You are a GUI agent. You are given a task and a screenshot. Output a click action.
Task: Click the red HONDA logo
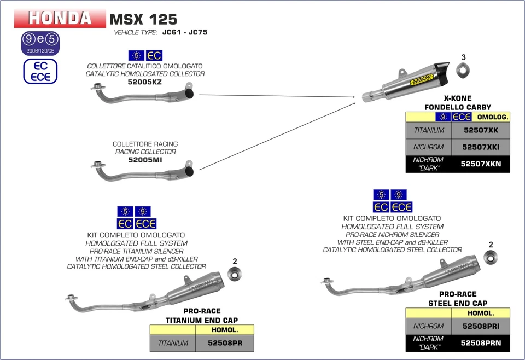pyautogui.click(x=60, y=18)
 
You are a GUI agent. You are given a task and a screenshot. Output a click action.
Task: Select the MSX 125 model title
pyautogui.click(x=143, y=19)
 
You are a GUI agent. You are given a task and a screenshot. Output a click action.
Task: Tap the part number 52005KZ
pyautogui.click(x=145, y=82)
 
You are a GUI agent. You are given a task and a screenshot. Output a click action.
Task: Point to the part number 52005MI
pyautogui.click(x=145, y=160)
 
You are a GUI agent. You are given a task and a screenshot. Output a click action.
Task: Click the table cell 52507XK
pyautogui.click(x=480, y=131)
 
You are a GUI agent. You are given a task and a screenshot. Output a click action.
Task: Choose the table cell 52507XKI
pyautogui.click(x=480, y=147)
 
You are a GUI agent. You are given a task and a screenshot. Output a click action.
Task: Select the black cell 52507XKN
pyautogui.click(x=480, y=164)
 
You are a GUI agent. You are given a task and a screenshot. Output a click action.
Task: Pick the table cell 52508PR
pyautogui.click(x=224, y=343)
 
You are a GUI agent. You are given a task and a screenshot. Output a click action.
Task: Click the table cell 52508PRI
pyautogui.click(x=480, y=326)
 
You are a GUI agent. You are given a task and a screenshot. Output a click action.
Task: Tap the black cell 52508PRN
pyautogui.click(x=480, y=343)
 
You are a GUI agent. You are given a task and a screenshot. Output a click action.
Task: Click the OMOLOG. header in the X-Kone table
pyautogui.click(x=492, y=117)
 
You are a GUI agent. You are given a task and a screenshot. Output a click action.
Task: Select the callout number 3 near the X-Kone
pyautogui.click(x=463, y=57)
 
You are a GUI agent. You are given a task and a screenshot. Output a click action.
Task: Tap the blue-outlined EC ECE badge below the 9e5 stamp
pyautogui.click(x=40, y=71)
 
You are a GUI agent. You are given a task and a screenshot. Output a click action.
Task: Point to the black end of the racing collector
pyautogui.click(x=190, y=172)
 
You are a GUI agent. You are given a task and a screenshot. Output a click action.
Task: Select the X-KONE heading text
pyautogui.click(x=458, y=98)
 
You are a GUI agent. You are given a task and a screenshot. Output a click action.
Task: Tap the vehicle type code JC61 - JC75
pyautogui.click(x=185, y=33)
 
